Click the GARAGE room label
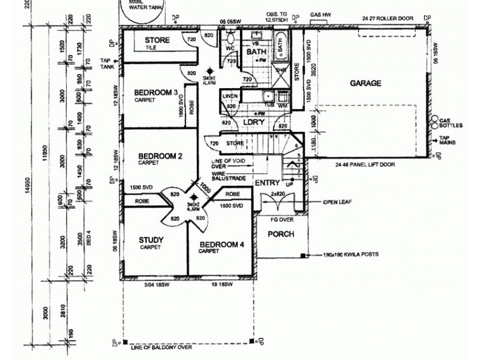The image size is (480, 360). pos(366,83)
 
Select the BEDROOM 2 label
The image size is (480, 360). pos(160,155)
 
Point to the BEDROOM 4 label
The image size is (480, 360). pos(221,245)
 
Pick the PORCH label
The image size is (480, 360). pos(280,234)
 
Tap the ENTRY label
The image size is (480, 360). pos(267,183)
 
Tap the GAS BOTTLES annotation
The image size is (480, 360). pos(451,123)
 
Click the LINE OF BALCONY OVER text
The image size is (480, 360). pos(161,347)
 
